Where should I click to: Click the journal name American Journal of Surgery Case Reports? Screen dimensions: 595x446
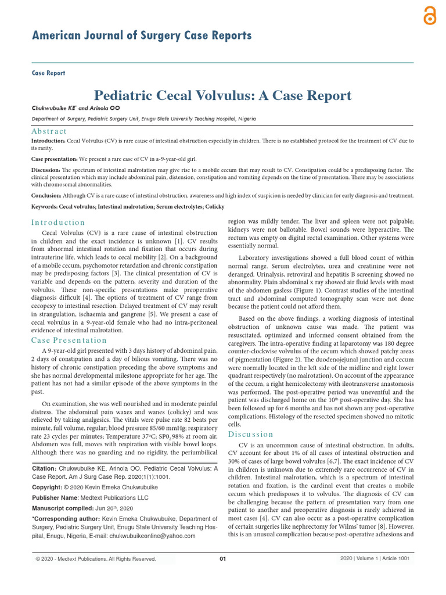pos(141,36)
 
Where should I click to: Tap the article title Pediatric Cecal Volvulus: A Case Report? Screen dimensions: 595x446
pos(222,95)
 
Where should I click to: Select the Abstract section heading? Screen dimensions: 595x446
pos(49,131)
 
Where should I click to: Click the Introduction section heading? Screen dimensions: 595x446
pos(58,223)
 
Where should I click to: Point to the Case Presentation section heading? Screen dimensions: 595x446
pos(69,340)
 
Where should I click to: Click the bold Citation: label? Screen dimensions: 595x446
pos(44,468)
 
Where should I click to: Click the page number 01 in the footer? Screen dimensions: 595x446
pos(222,559)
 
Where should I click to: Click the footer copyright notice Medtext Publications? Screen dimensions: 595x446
pos(96,559)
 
